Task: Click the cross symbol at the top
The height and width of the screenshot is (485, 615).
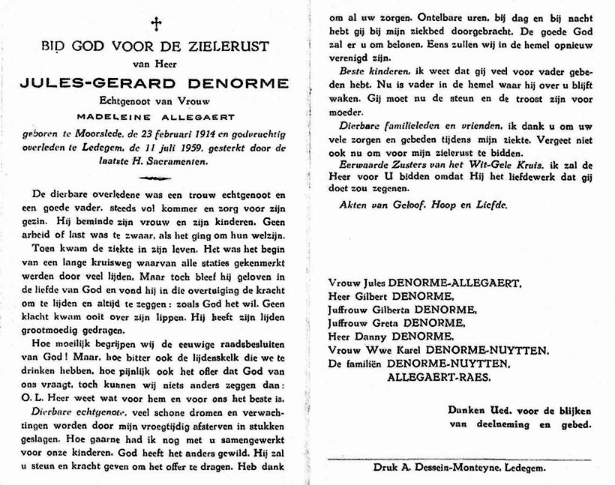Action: [x=156, y=24]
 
